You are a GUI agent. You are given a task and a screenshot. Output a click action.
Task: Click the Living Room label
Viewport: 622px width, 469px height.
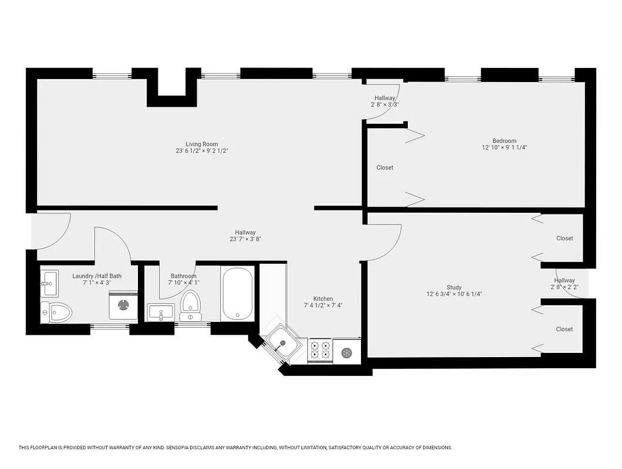click(201, 144)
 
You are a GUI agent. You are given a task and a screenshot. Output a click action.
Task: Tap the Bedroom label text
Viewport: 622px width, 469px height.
click(504, 141)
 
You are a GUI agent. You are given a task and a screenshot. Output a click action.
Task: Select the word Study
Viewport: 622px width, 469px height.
click(454, 287)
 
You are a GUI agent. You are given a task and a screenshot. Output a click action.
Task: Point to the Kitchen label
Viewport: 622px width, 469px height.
click(323, 298)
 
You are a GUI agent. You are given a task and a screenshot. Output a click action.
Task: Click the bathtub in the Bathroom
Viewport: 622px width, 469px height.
click(238, 293)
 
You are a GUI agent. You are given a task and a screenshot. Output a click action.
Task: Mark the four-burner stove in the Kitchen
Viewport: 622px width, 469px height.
click(320, 350)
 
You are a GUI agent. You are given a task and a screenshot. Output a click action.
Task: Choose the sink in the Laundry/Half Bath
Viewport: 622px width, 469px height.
click(49, 283)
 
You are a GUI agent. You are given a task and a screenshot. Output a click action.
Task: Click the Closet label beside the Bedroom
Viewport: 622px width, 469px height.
click(384, 168)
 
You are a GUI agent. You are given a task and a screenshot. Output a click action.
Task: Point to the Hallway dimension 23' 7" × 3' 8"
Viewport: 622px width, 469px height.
click(245, 239)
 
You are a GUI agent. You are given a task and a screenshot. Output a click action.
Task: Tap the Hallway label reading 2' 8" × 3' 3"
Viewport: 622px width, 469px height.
click(384, 104)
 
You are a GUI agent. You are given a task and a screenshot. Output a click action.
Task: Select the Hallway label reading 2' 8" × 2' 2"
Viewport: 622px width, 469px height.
click(564, 287)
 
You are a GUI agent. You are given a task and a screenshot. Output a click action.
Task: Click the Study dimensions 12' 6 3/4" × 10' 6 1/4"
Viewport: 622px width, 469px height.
click(454, 294)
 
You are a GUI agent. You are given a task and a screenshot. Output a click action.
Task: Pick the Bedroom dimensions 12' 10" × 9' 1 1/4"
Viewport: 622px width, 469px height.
click(504, 148)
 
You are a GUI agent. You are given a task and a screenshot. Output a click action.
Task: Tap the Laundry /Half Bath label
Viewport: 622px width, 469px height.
click(97, 276)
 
